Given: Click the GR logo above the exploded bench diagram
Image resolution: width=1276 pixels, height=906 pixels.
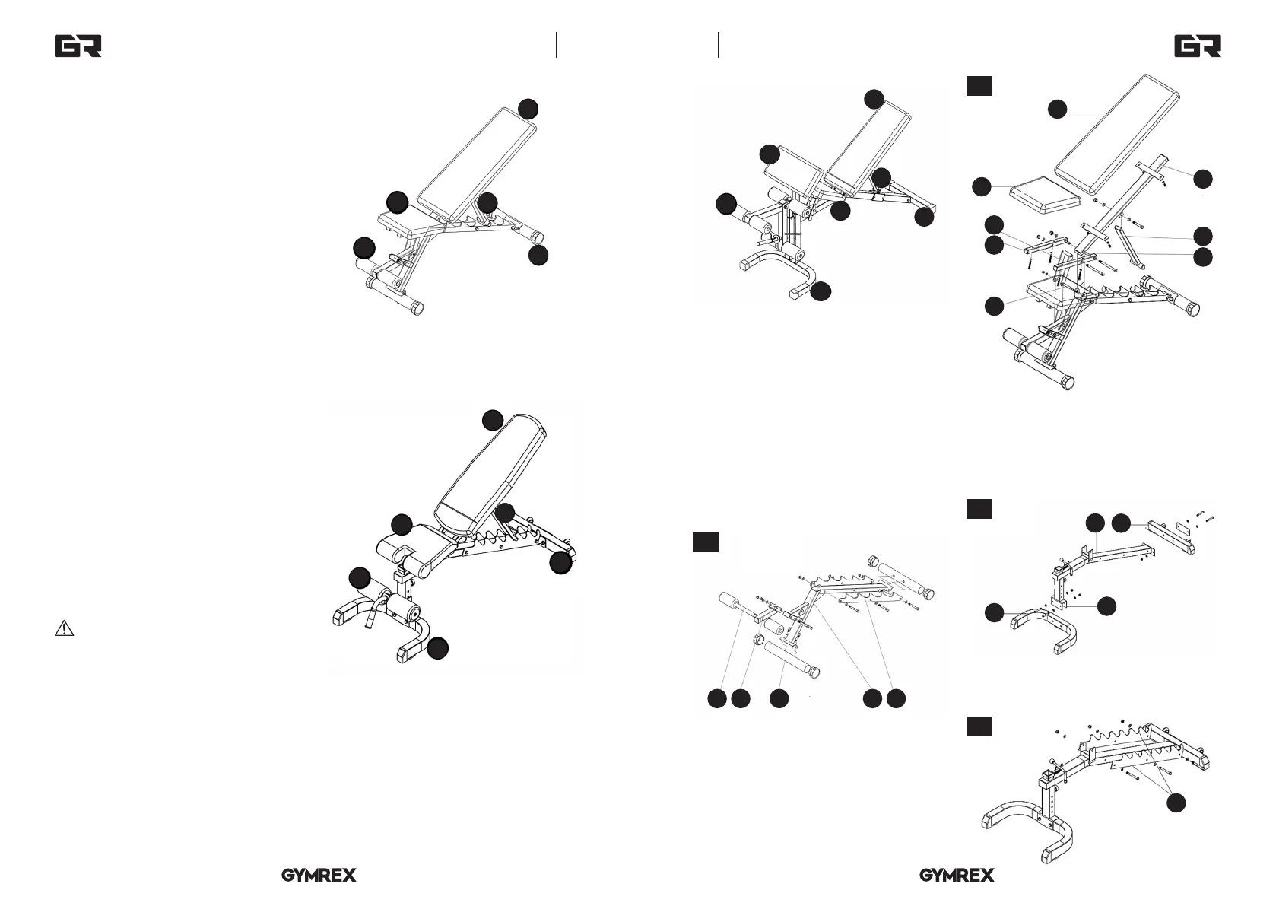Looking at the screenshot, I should click(x=1198, y=46).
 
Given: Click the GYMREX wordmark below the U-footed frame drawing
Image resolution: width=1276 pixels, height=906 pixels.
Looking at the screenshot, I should click(x=957, y=876).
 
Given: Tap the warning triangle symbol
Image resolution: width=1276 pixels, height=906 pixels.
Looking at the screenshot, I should click(x=65, y=628).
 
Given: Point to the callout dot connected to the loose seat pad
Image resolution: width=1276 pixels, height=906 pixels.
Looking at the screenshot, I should click(x=982, y=186).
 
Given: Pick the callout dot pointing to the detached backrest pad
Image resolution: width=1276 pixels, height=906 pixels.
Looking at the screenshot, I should click(x=1057, y=110).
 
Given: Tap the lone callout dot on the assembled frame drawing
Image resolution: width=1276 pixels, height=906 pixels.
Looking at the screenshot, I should click(x=1176, y=802).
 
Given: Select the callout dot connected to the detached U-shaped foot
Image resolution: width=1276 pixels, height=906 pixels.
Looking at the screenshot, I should click(x=994, y=612).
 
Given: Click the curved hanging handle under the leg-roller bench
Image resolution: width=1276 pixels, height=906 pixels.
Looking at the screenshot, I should click(x=372, y=608).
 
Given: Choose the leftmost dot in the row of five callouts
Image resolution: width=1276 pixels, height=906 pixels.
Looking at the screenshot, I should click(x=716, y=698).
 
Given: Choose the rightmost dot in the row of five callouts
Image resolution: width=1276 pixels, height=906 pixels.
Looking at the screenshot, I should click(x=897, y=698).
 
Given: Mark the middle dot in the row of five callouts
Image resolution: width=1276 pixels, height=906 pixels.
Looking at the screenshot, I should click(x=778, y=698).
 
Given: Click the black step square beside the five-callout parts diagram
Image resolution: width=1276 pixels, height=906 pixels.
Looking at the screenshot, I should click(x=706, y=542).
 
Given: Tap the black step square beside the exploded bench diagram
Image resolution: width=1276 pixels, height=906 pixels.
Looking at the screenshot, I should click(x=979, y=86).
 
